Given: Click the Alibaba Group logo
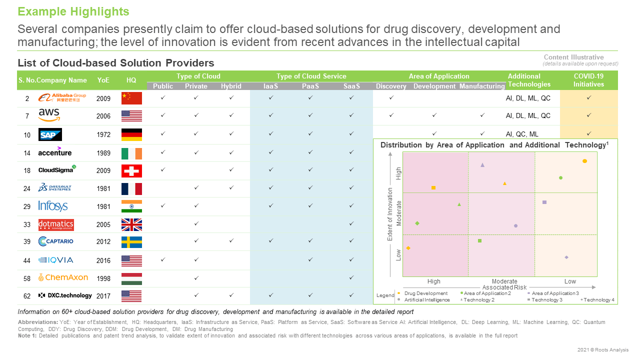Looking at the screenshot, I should click(62, 98).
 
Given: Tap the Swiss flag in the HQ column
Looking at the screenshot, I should click(131, 171).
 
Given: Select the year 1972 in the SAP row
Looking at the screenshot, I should click(103, 134).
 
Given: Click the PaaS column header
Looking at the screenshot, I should click(310, 86).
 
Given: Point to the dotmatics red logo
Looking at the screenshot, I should click(56, 225).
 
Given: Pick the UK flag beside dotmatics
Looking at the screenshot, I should click(131, 225).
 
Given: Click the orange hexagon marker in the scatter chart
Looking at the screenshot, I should click(584, 161).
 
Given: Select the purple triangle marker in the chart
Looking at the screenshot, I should click(482, 164).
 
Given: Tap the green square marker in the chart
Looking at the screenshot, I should click(479, 241).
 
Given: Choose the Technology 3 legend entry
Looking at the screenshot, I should click(546, 300).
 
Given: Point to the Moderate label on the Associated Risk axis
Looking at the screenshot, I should click(504, 281).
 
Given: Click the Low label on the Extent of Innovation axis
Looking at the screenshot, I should click(399, 255).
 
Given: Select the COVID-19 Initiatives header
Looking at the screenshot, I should click(588, 80).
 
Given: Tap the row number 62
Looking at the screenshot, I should click(27, 296).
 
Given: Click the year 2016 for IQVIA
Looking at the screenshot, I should click(103, 260).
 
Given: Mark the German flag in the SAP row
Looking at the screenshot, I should click(131, 134).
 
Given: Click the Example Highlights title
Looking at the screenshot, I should click(73, 11).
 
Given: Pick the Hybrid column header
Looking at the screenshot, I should click(231, 86).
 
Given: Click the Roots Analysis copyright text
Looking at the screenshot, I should click(603, 350).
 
